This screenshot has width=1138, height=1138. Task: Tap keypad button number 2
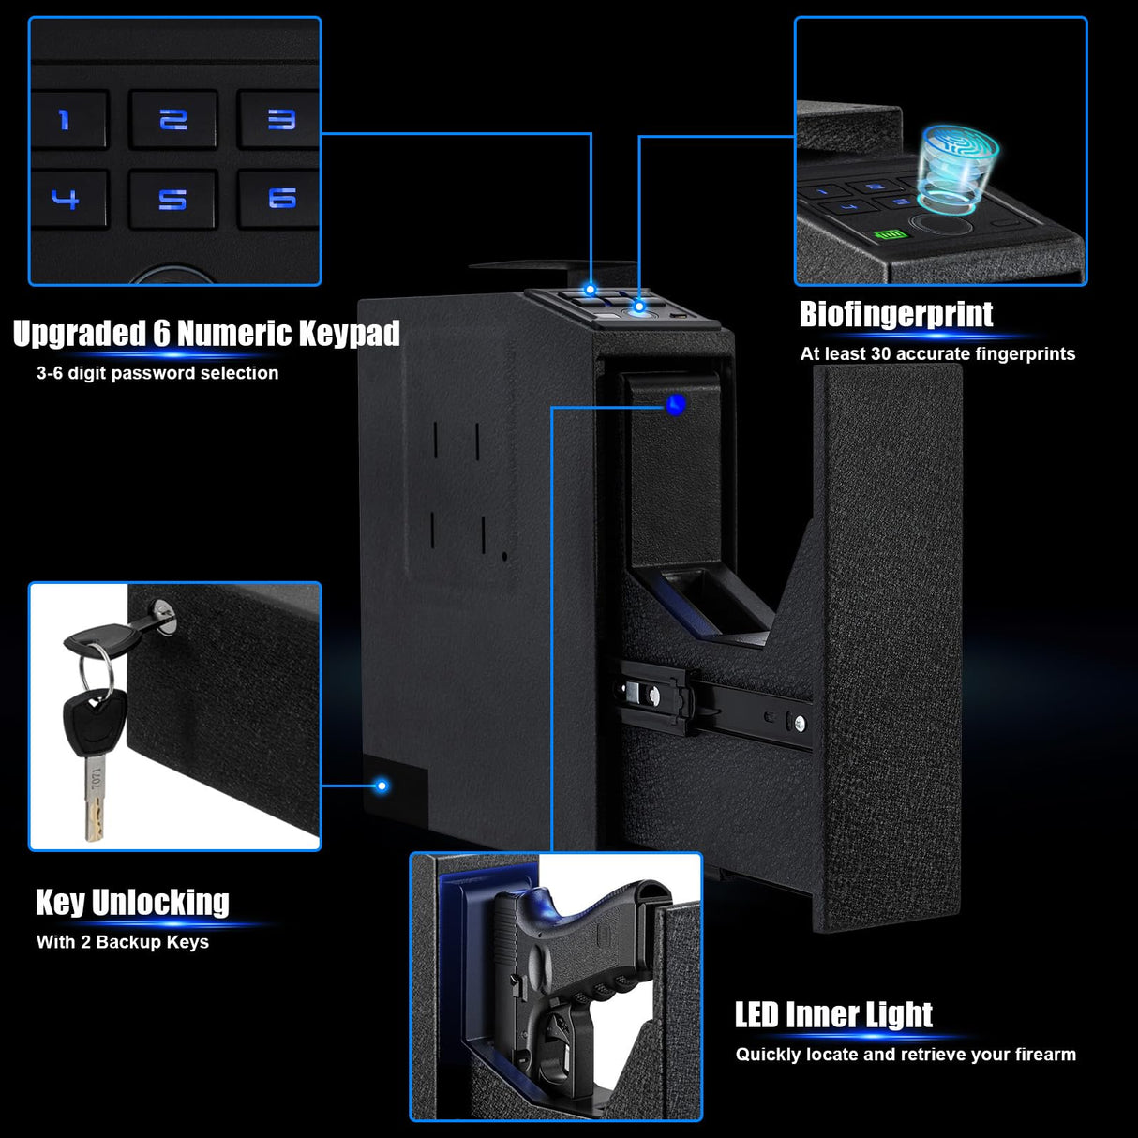[x=173, y=119]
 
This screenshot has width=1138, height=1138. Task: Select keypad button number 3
[x=280, y=119]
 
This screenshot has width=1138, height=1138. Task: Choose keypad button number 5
[x=172, y=199]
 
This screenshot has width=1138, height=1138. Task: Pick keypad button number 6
[x=281, y=198]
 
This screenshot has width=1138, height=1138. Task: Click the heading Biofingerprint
[x=895, y=315]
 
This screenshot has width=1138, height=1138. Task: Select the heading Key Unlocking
[x=132, y=902]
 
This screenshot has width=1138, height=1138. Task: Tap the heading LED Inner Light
[x=833, y=1014]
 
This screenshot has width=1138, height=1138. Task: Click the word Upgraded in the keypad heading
[x=80, y=334]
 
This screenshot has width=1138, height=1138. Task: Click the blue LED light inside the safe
[x=676, y=405]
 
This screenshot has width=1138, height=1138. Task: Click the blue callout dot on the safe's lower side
[x=382, y=786]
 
